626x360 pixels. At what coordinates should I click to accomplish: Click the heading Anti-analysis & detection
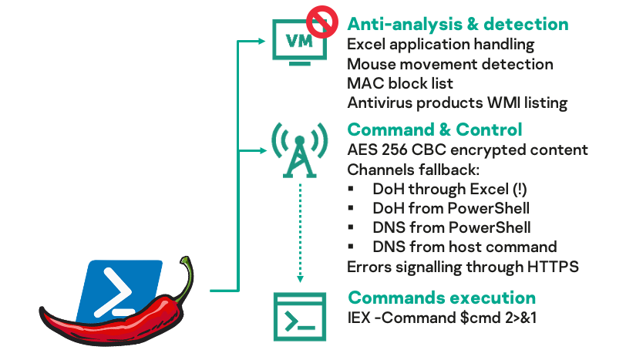pos(458,25)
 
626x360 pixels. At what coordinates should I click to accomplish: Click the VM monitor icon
pos(299,41)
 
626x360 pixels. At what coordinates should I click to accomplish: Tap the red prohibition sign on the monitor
pos(321,20)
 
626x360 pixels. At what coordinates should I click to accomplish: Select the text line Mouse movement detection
pos(449,64)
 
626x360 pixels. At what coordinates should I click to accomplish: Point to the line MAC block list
pos(400,83)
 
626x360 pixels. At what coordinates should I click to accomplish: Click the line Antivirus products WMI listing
pos(457,103)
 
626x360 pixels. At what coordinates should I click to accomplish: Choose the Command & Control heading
pos(435,130)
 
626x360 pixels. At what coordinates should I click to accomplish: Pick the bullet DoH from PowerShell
pos(450,208)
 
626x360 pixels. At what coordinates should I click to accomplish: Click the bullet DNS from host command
pos(464,247)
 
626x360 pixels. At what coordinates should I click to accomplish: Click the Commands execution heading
pos(442,297)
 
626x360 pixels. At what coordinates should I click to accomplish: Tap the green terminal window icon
pos(298,314)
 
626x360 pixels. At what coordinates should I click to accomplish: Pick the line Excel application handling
pos(440,45)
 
